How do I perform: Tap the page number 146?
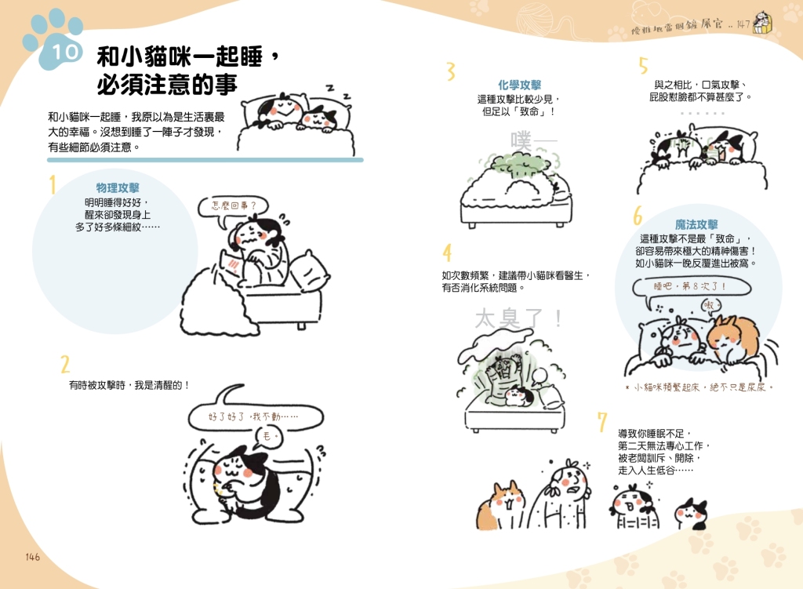click(x=32, y=557)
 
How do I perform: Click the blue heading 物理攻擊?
click(x=118, y=188)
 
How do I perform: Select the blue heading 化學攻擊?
click(x=519, y=85)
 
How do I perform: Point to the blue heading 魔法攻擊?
click(x=696, y=224)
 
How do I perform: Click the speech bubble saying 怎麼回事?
click(x=233, y=210)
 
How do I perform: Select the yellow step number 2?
click(x=65, y=364)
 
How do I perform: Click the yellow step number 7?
click(x=602, y=421)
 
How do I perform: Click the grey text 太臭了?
click(x=518, y=318)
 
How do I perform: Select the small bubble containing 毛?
click(x=268, y=437)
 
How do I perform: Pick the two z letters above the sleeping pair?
click(x=339, y=92)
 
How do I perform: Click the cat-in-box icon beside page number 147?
click(x=763, y=23)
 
